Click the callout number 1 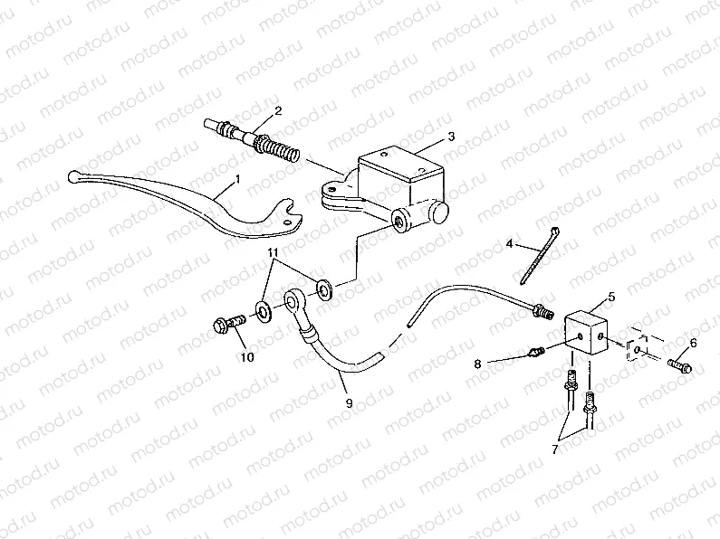(x=237, y=180)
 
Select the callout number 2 (x=278, y=111)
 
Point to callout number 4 (x=510, y=243)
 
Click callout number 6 (x=694, y=343)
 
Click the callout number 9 (x=348, y=404)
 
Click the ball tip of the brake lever (x=76, y=176)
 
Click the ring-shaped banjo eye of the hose (x=295, y=299)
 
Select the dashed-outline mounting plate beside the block (x=639, y=349)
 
